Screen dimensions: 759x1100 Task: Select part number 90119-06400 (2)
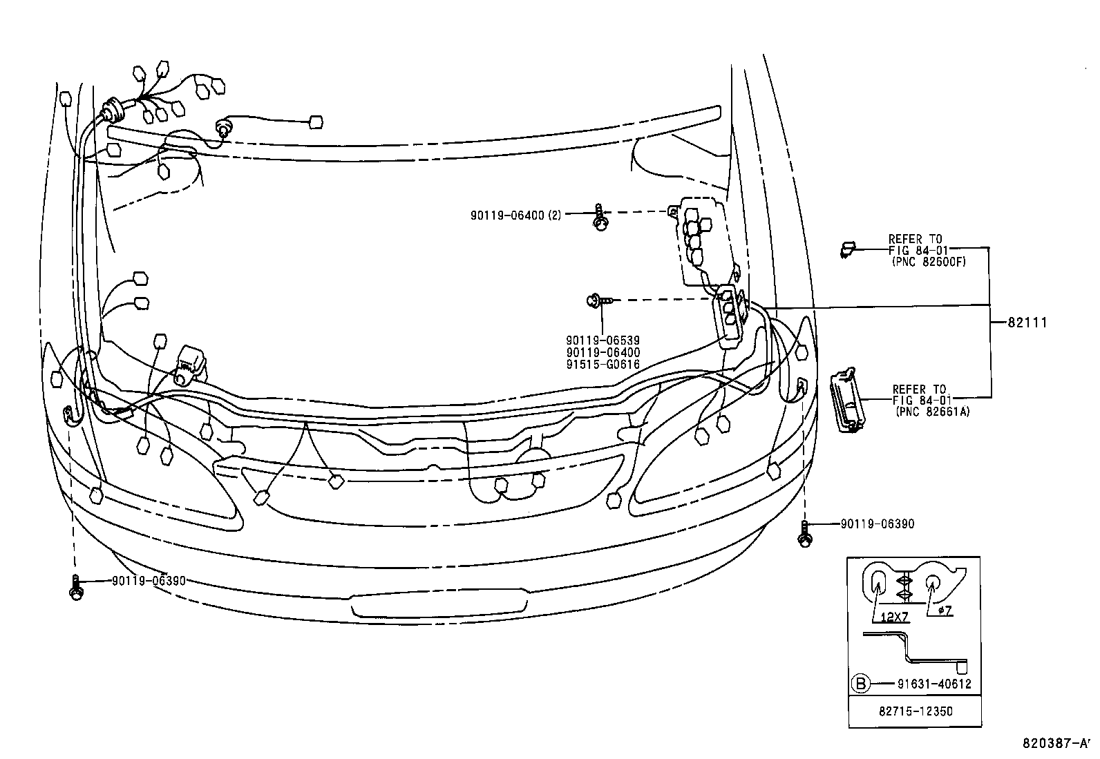click(x=515, y=215)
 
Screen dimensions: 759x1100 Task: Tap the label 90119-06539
click(x=603, y=340)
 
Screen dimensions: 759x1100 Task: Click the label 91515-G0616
click(x=603, y=365)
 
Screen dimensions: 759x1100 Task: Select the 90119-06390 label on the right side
click(x=877, y=523)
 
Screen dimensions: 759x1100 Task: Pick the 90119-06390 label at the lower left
click(x=149, y=581)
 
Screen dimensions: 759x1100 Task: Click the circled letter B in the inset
click(x=860, y=684)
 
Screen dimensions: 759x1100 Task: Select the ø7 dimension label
click(x=945, y=611)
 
